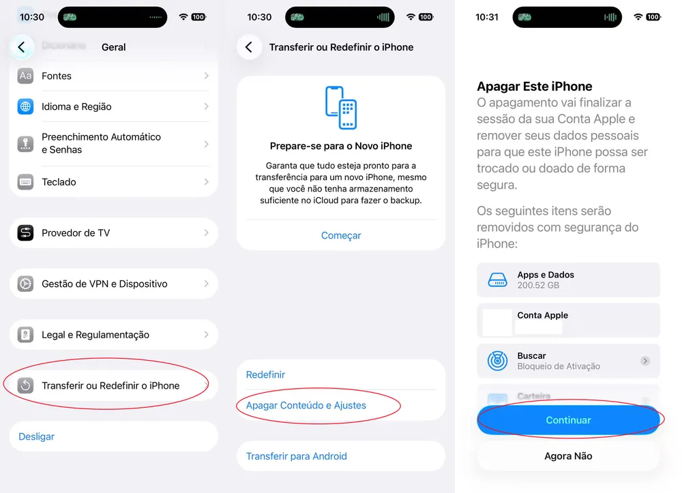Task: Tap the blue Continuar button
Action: [568, 420]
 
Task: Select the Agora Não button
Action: [568, 456]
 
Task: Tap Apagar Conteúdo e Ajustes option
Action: [306, 405]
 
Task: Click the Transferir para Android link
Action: [297, 456]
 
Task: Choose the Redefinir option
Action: [266, 374]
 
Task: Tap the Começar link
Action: [341, 235]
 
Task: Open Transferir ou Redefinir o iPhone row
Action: [110, 385]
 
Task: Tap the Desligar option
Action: [37, 436]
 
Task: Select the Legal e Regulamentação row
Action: [95, 335]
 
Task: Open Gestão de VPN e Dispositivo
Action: [104, 284]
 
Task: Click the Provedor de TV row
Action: [76, 233]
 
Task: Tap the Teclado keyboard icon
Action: [25, 182]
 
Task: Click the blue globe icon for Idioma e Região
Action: [25, 106]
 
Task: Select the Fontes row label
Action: [57, 76]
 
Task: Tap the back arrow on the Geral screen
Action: [22, 47]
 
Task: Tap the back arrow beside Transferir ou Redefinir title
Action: [249, 47]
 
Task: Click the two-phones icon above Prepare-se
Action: [341, 107]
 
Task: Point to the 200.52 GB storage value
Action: [538, 285]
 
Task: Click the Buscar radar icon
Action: [498, 361]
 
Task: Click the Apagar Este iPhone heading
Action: [535, 87]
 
